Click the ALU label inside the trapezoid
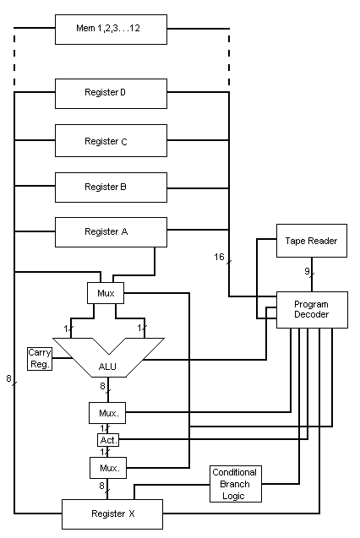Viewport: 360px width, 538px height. click(107, 367)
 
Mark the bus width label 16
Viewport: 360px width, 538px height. click(219, 257)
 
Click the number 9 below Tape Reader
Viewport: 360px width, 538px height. click(307, 271)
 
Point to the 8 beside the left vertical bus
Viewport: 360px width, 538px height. click(8, 378)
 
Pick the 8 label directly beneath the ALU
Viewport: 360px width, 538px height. click(102, 386)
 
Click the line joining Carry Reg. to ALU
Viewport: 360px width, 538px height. click(63, 359)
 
